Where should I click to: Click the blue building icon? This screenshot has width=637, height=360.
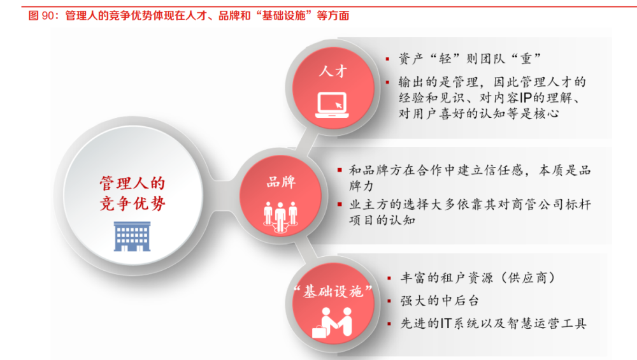[132, 236]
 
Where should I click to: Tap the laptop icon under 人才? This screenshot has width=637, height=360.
[333, 105]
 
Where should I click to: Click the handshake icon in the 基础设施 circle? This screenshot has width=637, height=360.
[333, 322]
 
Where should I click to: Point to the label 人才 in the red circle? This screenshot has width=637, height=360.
[333, 71]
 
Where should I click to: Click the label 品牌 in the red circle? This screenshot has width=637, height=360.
[281, 182]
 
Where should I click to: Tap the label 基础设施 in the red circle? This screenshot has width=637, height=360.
[333, 291]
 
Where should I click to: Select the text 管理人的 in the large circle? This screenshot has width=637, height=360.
[132, 184]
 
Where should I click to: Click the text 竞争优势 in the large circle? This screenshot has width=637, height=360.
[132, 203]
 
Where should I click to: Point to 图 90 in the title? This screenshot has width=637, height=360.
[41, 16]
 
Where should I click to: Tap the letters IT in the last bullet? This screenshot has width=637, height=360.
[446, 324]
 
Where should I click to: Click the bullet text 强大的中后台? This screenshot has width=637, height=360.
[440, 301]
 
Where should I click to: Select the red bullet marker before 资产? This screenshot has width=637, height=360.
[388, 59]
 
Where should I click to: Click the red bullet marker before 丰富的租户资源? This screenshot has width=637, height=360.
[390, 278]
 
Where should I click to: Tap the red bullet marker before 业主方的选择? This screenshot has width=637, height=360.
[340, 205]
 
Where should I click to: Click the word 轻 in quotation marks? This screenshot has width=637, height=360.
[445, 59]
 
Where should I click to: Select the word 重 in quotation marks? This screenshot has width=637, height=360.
[527, 59]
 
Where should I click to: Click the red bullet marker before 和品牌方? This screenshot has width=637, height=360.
[340, 170]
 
